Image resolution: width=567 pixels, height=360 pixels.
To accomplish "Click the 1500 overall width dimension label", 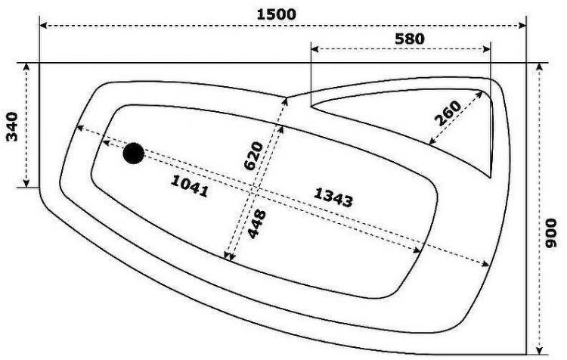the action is [276, 14].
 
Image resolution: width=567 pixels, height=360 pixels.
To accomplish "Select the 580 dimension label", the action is [409, 39].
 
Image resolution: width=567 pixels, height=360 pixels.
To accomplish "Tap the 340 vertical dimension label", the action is [12, 126].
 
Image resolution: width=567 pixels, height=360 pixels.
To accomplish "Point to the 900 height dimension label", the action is [551, 233].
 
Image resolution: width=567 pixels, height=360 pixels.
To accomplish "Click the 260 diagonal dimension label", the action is [448, 113].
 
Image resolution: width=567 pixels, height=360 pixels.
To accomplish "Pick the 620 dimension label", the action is [253, 156].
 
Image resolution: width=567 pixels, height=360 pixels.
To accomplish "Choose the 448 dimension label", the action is [257, 224].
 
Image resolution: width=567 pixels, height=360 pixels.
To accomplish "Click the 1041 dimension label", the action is [190, 186].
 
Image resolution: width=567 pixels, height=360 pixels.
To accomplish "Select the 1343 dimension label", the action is [333, 197].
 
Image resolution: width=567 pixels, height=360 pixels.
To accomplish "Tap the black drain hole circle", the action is [133, 154].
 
